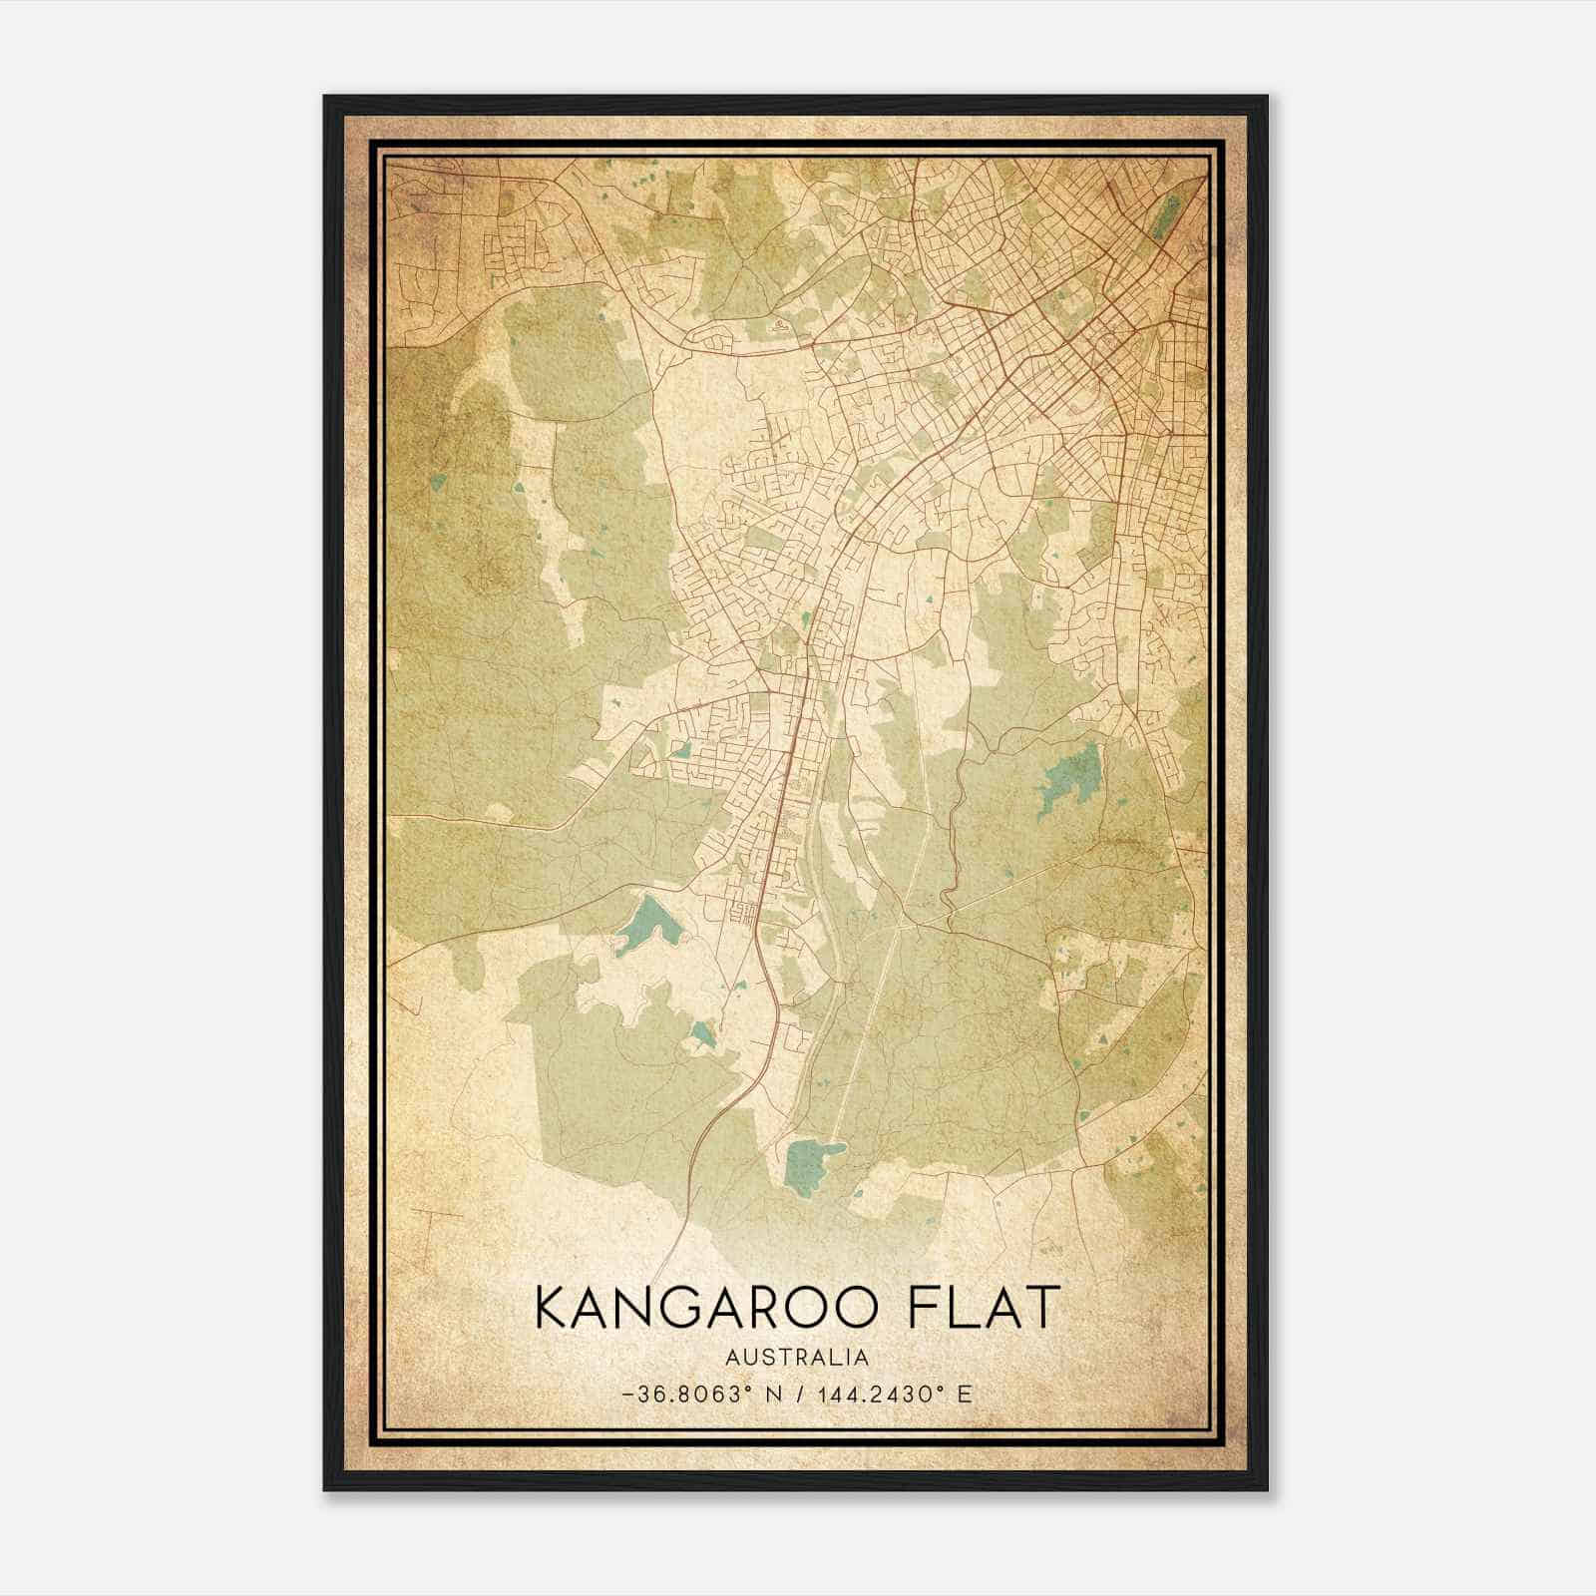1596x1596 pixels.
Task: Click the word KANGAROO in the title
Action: pos(700,1308)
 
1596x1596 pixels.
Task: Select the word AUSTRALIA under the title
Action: pos(797,1358)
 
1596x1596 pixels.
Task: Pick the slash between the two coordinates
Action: pos(800,1395)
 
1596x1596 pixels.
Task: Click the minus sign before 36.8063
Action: pos(626,1395)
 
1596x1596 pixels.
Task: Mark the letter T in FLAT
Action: pos(1037,1308)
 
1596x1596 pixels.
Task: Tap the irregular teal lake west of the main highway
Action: pos(646,926)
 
